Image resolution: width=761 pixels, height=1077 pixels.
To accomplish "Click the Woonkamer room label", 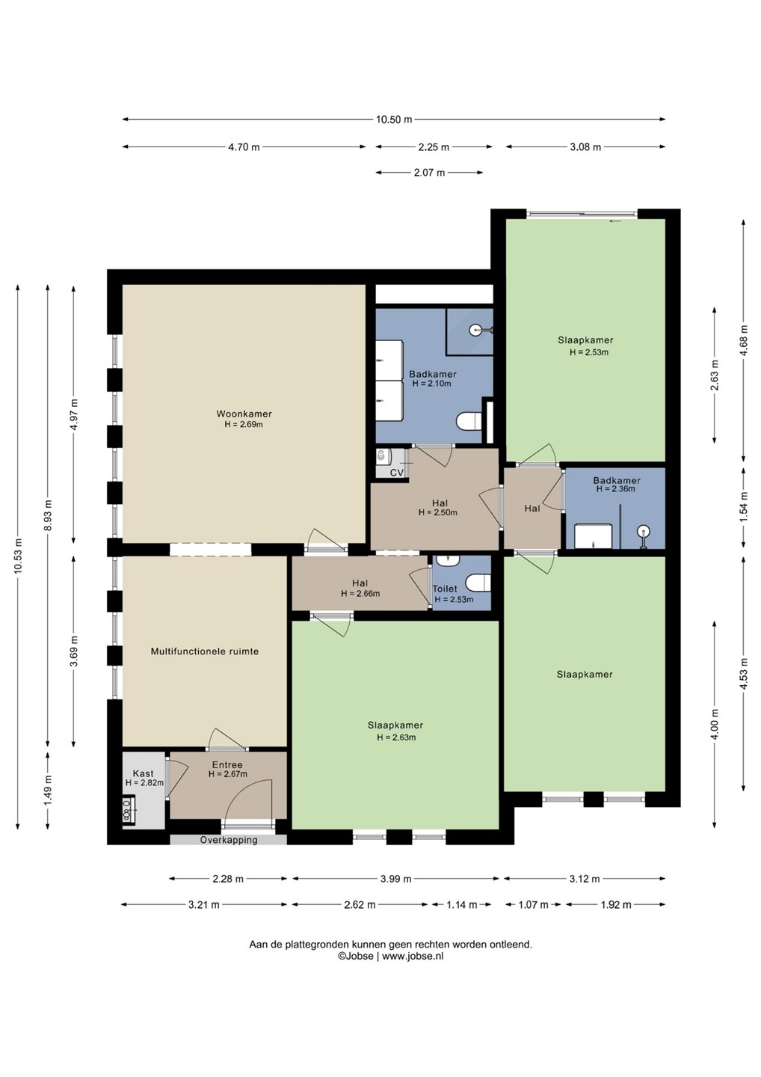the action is pyautogui.click(x=244, y=414).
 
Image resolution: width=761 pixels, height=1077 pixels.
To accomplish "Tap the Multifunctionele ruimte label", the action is pyautogui.click(x=205, y=651).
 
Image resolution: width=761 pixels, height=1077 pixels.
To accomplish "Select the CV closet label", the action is pyautogui.click(x=396, y=473).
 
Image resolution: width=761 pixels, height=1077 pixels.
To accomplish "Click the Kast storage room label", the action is pyautogui.click(x=144, y=773).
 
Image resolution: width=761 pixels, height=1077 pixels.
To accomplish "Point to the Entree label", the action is pyautogui.click(x=227, y=764).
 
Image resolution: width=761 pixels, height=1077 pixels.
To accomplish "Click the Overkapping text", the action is pyautogui.click(x=229, y=840).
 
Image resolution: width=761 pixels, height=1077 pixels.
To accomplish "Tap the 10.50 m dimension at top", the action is pyautogui.click(x=394, y=120).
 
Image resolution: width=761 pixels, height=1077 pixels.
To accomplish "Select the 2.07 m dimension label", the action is pyautogui.click(x=429, y=173).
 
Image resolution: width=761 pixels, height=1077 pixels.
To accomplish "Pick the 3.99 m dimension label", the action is pyautogui.click(x=396, y=879).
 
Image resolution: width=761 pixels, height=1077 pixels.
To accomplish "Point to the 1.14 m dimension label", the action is pyautogui.click(x=462, y=905).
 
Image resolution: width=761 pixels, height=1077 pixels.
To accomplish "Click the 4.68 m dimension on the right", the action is pyautogui.click(x=744, y=340).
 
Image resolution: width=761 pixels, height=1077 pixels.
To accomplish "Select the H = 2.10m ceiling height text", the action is pyautogui.click(x=431, y=384).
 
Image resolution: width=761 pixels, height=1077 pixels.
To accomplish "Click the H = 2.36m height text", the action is pyautogui.click(x=615, y=489).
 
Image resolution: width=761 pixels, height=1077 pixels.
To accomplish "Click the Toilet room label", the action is pyautogui.click(x=444, y=589).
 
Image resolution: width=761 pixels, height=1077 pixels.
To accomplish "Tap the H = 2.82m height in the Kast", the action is pyautogui.click(x=144, y=783).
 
